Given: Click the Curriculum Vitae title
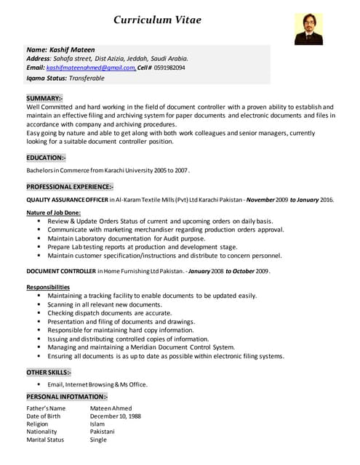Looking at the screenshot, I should (167, 20).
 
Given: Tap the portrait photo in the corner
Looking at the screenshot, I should (308, 28).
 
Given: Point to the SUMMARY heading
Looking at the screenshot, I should (44, 97).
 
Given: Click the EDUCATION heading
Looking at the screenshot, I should (46, 158).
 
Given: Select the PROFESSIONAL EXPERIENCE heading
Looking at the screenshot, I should (70, 187).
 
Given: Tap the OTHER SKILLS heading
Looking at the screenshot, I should (49, 372).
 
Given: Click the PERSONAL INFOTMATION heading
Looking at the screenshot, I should (67, 397).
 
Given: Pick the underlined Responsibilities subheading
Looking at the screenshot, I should (48, 287).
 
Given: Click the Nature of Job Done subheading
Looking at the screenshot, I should (53, 212).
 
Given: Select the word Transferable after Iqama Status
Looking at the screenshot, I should (85, 78).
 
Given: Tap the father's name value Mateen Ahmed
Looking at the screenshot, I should (111, 408).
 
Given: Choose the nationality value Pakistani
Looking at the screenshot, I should (102, 432).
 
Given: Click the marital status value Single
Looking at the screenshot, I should (98, 440).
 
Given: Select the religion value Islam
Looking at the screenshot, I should (97, 424).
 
